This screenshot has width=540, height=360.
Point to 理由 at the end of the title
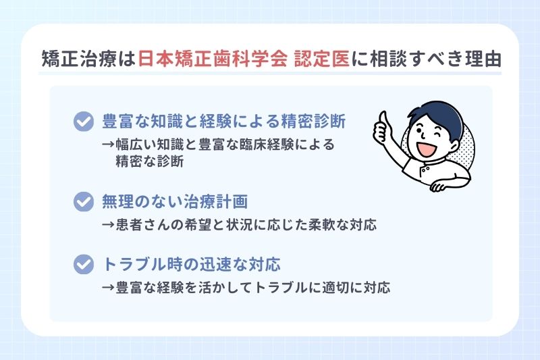(484, 58)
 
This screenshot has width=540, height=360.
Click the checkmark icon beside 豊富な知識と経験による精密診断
(83, 122)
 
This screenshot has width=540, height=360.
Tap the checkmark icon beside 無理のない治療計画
(83, 202)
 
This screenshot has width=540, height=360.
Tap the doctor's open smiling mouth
(426, 147)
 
